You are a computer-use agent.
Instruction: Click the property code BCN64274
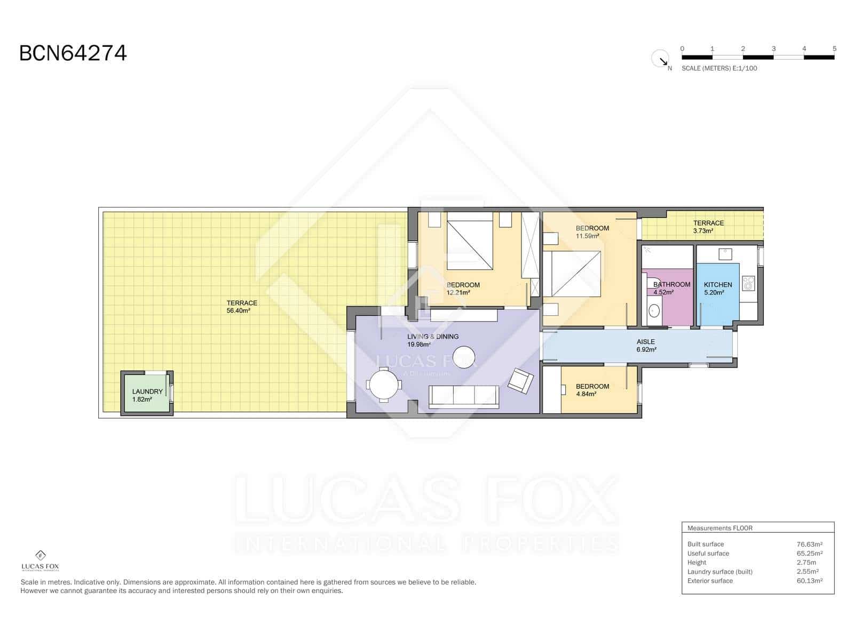point(73,53)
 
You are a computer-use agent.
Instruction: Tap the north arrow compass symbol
point(661,59)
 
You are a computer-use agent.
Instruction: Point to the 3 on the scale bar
point(773,49)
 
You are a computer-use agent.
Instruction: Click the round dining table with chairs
point(384,384)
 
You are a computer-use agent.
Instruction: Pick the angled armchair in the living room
point(520,380)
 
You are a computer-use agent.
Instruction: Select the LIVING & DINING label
point(432,337)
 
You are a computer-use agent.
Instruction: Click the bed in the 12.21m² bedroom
point(469,241)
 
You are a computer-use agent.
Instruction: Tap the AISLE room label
point(645,342)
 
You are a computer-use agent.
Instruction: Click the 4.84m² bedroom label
point(592,390)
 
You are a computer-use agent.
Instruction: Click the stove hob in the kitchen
point(749,283)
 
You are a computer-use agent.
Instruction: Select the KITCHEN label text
point(717,285)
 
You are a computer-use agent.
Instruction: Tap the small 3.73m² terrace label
point(708,227)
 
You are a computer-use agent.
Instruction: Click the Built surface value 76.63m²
point(809,545)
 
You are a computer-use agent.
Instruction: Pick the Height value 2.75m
point(806,563)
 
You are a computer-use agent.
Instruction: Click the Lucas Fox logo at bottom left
point(40,561)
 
